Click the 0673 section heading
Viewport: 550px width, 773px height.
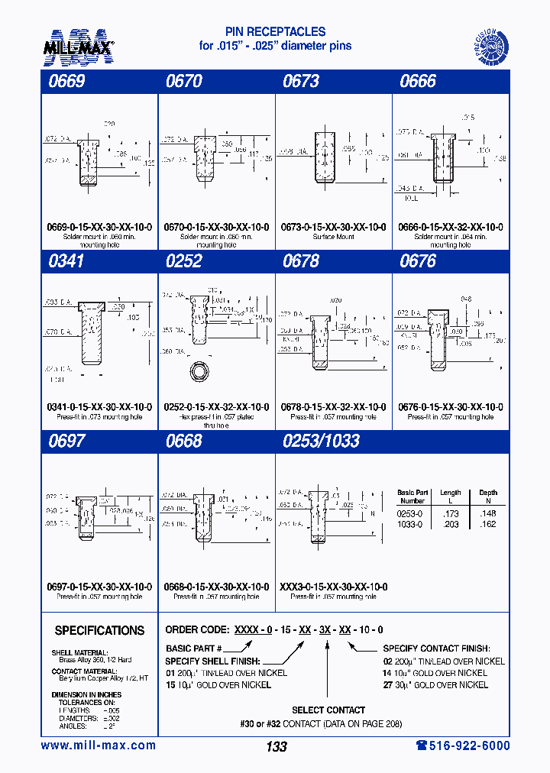tap(301, 82)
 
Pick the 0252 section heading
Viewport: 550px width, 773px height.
tap(183, 261)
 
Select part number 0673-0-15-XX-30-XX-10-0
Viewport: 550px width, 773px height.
tap(333, 228)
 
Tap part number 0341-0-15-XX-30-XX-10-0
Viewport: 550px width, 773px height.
tap(99, 407)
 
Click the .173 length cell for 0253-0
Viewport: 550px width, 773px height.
tap(450, 514)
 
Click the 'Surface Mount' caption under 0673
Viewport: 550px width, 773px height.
tap(333, 237)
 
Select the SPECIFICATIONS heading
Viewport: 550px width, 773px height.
tap(99, 631)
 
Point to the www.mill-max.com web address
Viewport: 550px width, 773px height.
tap(98, 746)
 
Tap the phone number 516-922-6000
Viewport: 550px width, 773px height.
tap(463, 746)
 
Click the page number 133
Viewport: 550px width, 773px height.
tap(276, 746)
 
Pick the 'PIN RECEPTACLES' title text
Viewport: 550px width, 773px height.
tap(275, 32)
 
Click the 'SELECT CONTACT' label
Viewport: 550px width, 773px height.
tap(328, 710)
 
